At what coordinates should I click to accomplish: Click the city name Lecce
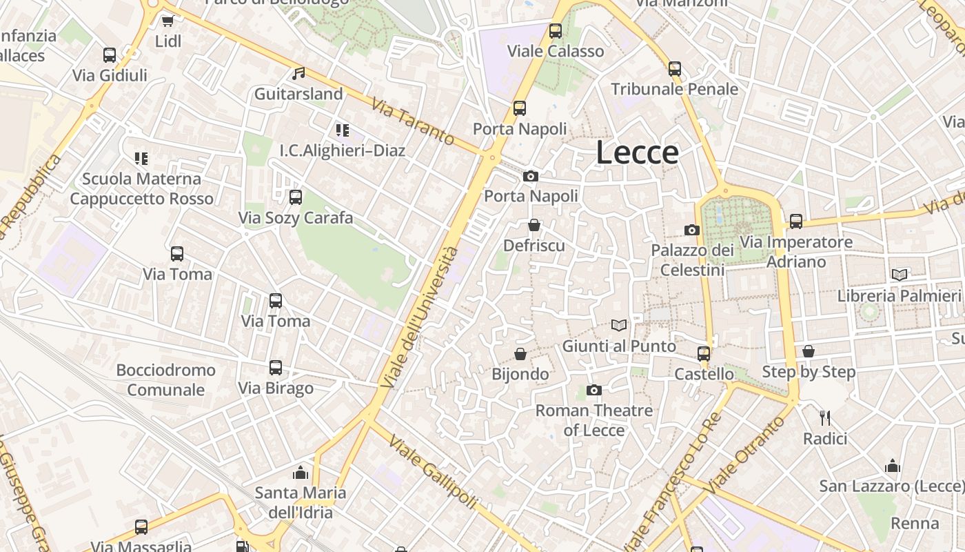point(637,152)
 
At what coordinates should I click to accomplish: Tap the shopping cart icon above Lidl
point(167,21)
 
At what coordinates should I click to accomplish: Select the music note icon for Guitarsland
point(298,73)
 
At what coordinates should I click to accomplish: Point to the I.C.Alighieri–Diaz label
point(343,150)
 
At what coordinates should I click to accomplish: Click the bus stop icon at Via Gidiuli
point(110,55)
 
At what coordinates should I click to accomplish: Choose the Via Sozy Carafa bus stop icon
point(296,197)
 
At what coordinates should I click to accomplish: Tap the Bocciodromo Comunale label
point(165,379)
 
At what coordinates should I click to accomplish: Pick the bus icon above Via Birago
point(276,367)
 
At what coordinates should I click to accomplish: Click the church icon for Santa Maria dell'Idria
point(300,473)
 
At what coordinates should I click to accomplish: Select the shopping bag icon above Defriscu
point(534,225)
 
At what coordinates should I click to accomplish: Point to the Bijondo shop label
point(520,374)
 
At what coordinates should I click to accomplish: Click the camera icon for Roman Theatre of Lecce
point(593,391)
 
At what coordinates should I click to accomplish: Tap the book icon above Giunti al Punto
point(619,325)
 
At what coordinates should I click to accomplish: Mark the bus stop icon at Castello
point(704,353)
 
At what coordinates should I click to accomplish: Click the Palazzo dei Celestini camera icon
point(691,230)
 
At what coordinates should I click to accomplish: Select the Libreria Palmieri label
point(899,295)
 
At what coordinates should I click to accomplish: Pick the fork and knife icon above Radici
point(825,417)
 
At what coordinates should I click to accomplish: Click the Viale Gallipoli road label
point(432,472)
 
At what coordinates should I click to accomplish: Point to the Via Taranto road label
point(413,122)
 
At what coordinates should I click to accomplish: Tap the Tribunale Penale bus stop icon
point(675,69)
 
